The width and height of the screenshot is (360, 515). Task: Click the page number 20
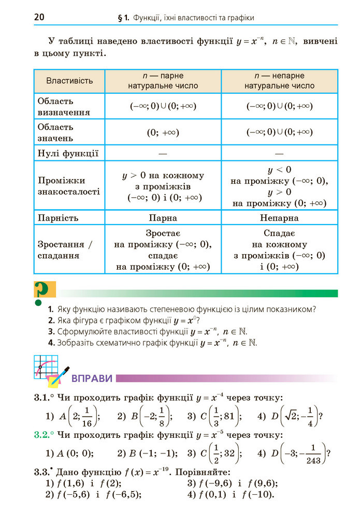click(x=39, y=17)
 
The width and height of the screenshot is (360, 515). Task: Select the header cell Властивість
click(x=69, y=80)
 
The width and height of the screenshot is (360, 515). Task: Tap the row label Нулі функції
click(x=68, y=153)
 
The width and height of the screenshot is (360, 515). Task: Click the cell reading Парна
click(x=163, y=218)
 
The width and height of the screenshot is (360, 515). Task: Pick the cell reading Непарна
click(x=279, y=218)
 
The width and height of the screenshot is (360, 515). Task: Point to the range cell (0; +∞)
click(x=163, y=133)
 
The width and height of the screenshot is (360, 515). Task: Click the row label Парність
click(x=58, y=218)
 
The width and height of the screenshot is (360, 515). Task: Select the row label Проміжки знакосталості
click(x=61, y=186)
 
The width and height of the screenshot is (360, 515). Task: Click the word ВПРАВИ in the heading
click(x=92, y=378)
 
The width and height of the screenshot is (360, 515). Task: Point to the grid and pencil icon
click(x=49, y=371)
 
